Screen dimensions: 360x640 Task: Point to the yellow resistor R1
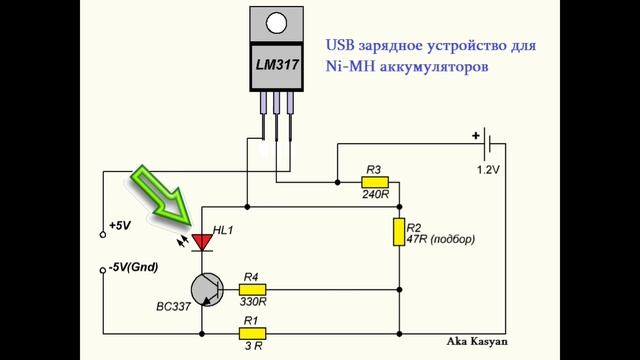[251, 332]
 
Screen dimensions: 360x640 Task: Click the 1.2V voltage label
[487, 171]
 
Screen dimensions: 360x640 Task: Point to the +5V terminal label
[121, 227]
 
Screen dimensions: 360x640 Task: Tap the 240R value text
[376, 196]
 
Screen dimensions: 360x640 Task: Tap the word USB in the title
[341, 47]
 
